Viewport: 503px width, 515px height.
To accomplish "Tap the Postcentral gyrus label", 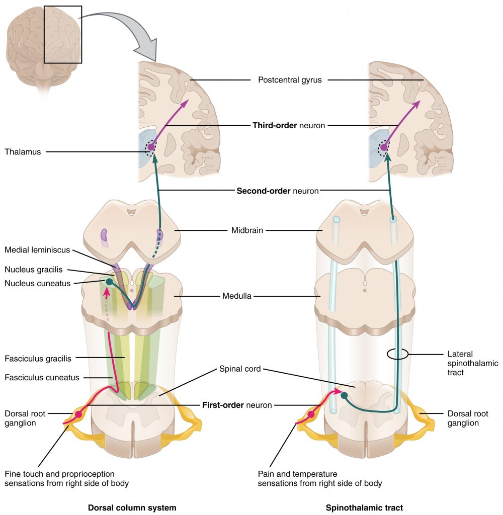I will click(x=289, y=79).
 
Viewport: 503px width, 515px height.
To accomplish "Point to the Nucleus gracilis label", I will click(x=33, y=270).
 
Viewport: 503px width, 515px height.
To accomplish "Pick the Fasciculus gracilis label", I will click(x=38, y=359).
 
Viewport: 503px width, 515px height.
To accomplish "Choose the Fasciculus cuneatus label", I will click(x=41, y=377).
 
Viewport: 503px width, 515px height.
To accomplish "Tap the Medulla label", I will click(x=236, y=296).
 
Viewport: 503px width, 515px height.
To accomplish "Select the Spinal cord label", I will click(x=239, y=369).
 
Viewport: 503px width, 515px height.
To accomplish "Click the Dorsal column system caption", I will click(x=132, y=507).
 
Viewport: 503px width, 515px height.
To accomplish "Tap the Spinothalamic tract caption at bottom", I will click(x=364, y=507).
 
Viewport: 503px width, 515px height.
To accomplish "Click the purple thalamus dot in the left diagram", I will click(x=150, y=147).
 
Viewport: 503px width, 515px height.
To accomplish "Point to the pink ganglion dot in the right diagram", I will click(x=311, y=414).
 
